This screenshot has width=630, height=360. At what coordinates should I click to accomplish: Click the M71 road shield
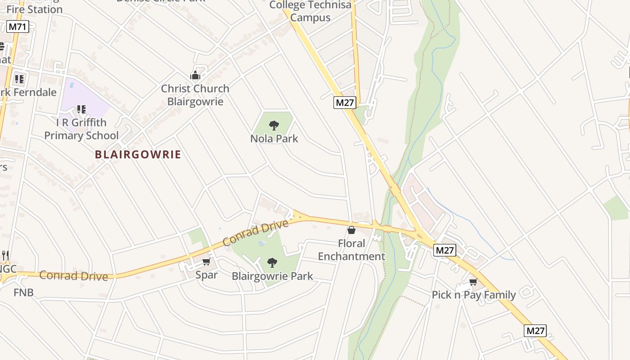coord(18,27)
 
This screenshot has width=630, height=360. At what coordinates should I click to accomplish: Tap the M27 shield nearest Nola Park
coord(345,103)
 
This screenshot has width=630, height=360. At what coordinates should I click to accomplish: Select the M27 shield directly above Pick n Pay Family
coord(445,250)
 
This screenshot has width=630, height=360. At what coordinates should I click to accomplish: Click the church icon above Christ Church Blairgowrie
coord(195,75)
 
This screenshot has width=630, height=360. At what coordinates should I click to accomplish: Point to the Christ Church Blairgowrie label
coord(195,95)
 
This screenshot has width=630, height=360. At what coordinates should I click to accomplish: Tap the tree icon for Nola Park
coord(274,125)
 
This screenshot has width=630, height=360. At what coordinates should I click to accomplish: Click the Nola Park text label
coord(274,139)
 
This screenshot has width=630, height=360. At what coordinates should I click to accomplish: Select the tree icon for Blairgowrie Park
coord(272,262)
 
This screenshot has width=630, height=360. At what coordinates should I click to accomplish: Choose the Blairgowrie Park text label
coord(272,276)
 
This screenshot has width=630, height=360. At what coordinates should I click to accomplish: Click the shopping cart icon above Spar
coord(207,262)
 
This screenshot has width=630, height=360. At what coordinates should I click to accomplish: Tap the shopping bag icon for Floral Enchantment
coord(351,230)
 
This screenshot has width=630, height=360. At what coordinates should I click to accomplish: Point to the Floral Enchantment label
coord(351,250)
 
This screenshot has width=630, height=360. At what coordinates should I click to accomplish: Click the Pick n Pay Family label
coord(473,295)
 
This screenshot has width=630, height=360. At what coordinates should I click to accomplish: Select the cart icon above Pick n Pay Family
coord(473,282)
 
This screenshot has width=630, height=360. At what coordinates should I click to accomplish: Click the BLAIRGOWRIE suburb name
coord(138,154)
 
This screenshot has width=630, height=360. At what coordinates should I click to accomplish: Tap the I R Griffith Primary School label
coord(81,129)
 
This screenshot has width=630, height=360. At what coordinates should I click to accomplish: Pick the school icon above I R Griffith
coord(81,109)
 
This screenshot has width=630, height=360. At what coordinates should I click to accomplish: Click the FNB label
coord(23,292)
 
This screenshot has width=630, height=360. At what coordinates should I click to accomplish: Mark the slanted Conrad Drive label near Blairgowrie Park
coord(255,233)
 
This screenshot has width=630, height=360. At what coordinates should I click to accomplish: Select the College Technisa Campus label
coord(310,11)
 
